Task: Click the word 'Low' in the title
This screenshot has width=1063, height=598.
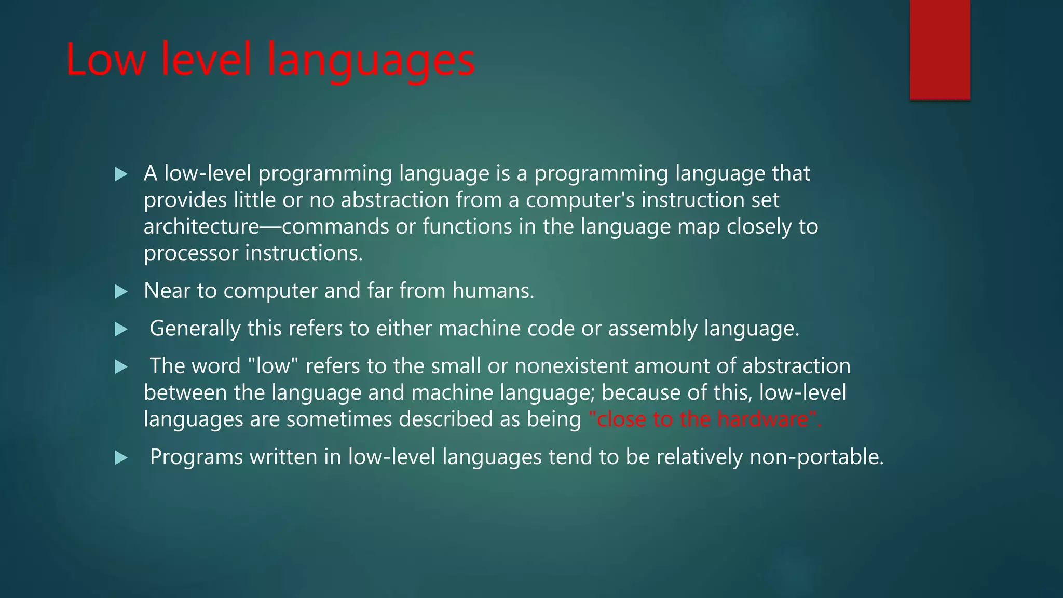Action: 105,60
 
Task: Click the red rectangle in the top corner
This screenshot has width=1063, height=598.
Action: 939,49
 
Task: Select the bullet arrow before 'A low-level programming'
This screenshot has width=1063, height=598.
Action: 121,174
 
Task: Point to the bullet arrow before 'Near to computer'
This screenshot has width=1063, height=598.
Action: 121,292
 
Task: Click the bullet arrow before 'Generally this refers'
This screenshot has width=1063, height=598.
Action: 121,329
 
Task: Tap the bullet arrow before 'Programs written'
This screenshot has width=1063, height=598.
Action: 121,458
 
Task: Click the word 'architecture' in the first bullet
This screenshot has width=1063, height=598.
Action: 201,227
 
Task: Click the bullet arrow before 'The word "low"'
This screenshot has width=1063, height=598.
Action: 121,368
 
